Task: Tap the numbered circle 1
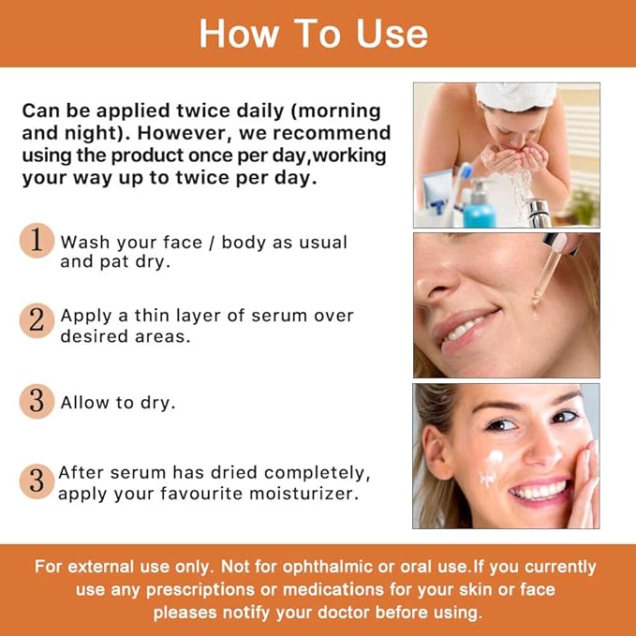(37, 242)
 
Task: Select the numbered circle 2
(37, 319)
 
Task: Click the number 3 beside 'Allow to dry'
(37, 401)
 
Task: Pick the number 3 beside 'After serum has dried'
(37, 481)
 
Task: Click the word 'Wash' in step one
(83, 242)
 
